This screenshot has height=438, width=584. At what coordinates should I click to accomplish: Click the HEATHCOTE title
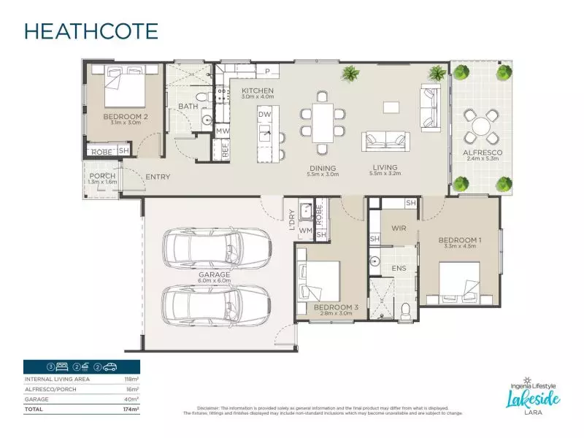91,31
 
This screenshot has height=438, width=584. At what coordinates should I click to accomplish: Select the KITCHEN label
257,90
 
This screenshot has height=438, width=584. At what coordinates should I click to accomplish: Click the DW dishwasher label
265,115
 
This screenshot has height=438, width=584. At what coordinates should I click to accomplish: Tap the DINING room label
323,168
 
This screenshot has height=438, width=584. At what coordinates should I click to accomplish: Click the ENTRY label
158,177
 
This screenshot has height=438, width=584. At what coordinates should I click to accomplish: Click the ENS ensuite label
398,269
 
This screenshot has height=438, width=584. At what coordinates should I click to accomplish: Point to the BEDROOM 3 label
335,307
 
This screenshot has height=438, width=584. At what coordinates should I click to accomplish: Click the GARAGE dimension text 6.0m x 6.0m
214,281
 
